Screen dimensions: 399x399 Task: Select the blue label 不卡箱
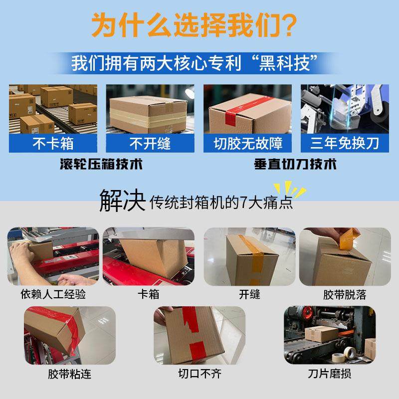point(53,144)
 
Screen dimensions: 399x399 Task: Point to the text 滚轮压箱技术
point(101,165)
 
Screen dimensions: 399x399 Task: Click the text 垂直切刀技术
point(295,165)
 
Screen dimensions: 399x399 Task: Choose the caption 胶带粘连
point(70,374)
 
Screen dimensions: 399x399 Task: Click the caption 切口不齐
point(199,374)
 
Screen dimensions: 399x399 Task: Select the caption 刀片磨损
point(329,374)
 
